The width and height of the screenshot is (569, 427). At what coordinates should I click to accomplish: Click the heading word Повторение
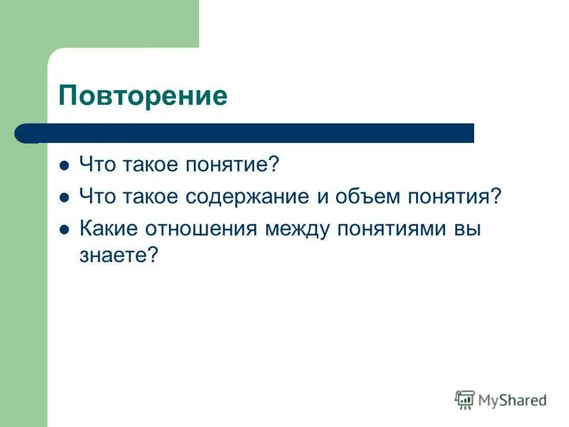point(143,96)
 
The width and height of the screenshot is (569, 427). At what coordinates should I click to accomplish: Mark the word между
point(298,229)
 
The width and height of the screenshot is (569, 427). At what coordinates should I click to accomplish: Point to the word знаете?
point(119,256)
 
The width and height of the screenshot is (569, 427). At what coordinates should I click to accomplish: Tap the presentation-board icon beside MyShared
point(465,400)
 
